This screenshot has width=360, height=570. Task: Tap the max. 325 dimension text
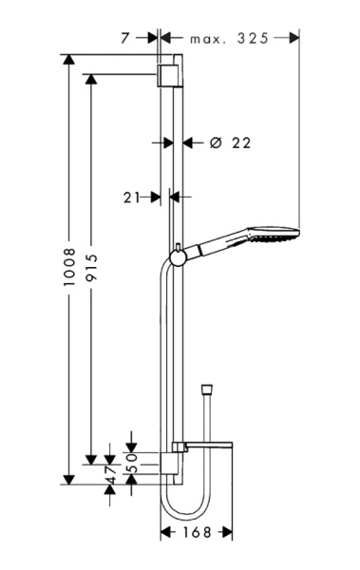click(x=229, y=38)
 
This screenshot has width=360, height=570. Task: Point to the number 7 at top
click(x=125, y=38)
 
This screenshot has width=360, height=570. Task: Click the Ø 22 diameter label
click(x=230, y=142)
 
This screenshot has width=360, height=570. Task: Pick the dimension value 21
click(x=131, y=198)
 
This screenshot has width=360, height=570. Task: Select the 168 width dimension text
click(x=197, y=533)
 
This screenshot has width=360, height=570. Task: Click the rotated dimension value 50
click(x=132, y=463)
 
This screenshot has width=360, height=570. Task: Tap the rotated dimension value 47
click(x=110, y=476)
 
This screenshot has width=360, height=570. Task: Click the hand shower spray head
click(x=274, y=235)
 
